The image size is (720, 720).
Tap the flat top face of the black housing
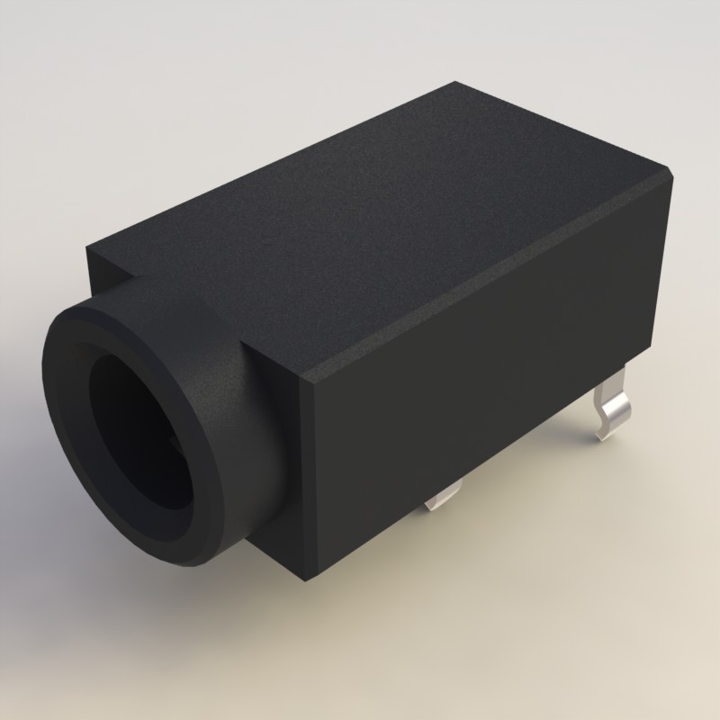tap(378, 216)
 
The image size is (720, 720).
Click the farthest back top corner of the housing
tap(456, 83)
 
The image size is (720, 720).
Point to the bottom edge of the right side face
tap(477, 468)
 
